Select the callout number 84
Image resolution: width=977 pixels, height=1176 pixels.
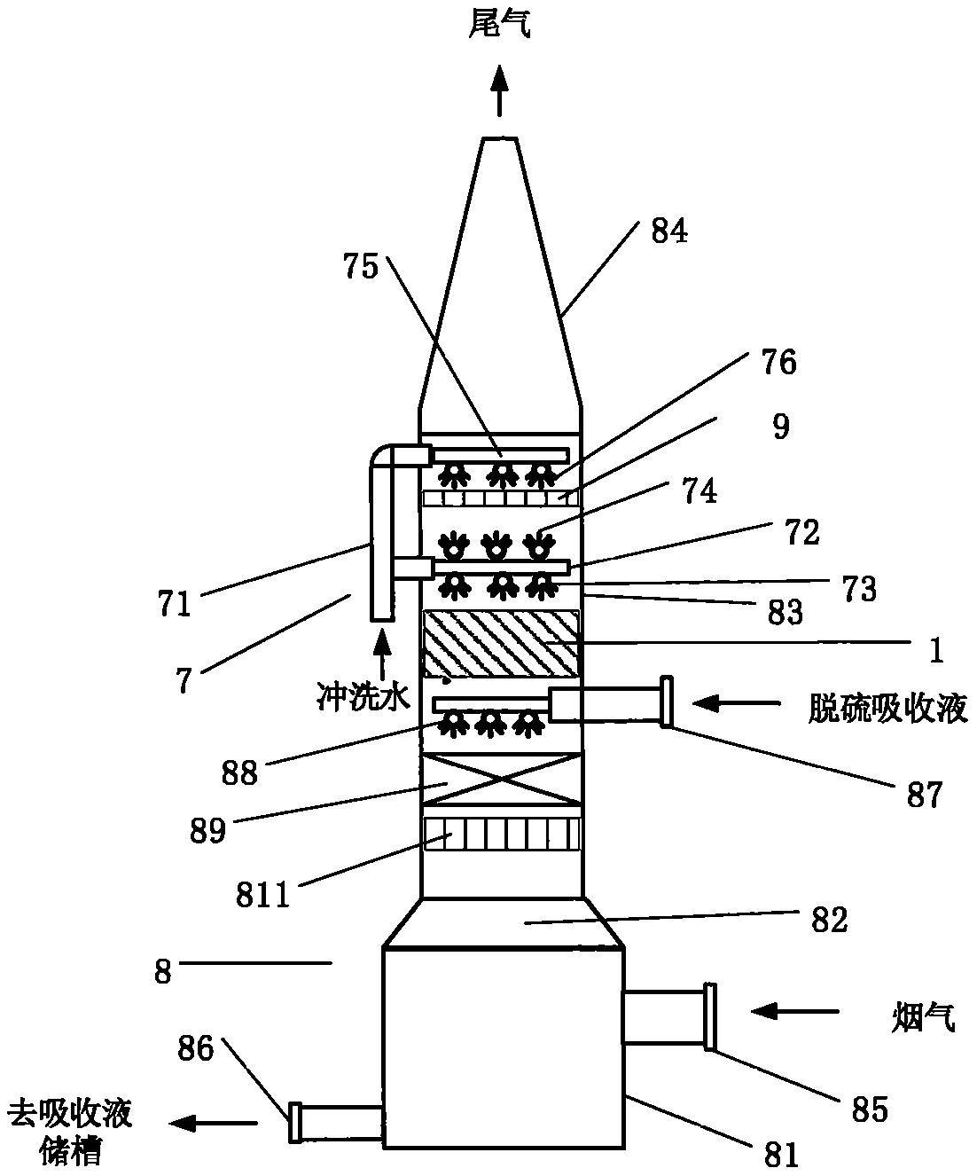coord(669,232)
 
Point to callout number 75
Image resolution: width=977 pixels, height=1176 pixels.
coord(359,265)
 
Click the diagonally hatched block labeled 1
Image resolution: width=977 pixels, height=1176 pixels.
coord(501,645)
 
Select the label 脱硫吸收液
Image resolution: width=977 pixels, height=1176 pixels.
coord(887,708)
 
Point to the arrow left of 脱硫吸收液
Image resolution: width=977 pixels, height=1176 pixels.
coord(736,704)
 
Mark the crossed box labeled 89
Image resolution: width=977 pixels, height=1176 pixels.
coord(501,780)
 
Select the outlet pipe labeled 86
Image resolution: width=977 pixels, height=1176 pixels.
coord(337,1121)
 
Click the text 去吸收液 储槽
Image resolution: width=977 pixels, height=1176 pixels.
coord(70,1131)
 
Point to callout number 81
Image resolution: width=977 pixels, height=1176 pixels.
coord(780,1153)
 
